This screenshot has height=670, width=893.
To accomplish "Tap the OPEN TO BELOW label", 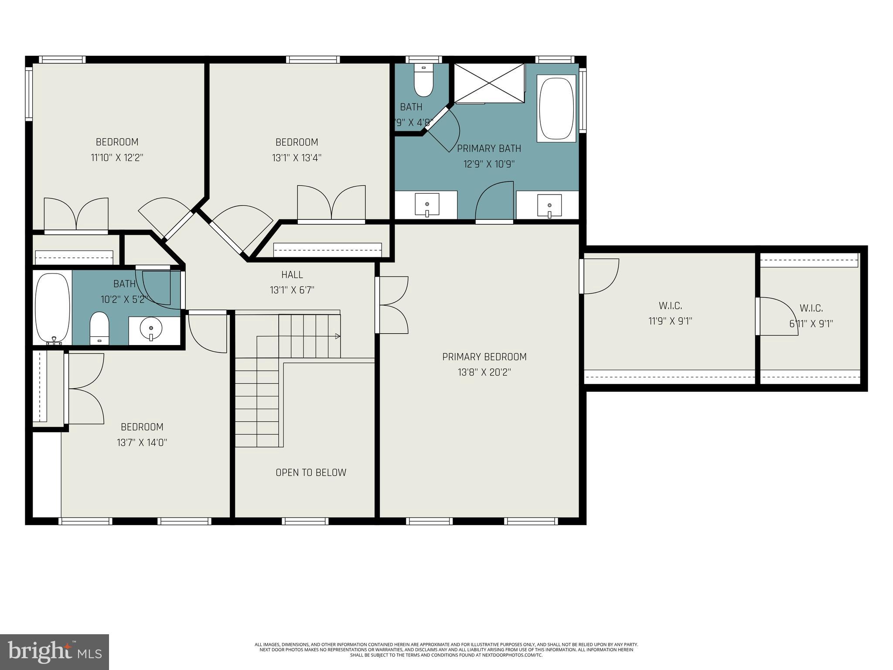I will tap(311, 472).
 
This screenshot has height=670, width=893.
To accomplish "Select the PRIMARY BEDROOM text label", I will tap(484, 357).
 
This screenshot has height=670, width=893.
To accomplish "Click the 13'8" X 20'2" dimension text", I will tap(484, 373).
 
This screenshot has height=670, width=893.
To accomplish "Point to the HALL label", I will tap(292, 274).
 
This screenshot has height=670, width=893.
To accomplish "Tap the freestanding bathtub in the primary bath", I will tap(556, 108).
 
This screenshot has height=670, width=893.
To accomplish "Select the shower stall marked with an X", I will tap(489, 83).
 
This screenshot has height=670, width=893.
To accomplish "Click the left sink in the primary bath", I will tap(427, 205).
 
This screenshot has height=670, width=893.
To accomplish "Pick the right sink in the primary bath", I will tap(549, 205).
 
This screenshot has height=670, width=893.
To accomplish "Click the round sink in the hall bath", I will tap(151, 328).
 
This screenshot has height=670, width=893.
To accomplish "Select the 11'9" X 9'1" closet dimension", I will tap(670, 321).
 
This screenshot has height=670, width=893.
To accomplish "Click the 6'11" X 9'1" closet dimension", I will tap(811, 324).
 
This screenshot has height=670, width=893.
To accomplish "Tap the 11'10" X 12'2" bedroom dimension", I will tap(117, 158).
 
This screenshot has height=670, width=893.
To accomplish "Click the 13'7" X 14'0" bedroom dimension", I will tap(142, 443).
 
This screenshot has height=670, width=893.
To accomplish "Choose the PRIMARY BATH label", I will tap(489, 149).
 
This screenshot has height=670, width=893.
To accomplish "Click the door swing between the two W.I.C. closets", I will tap(778, 316).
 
